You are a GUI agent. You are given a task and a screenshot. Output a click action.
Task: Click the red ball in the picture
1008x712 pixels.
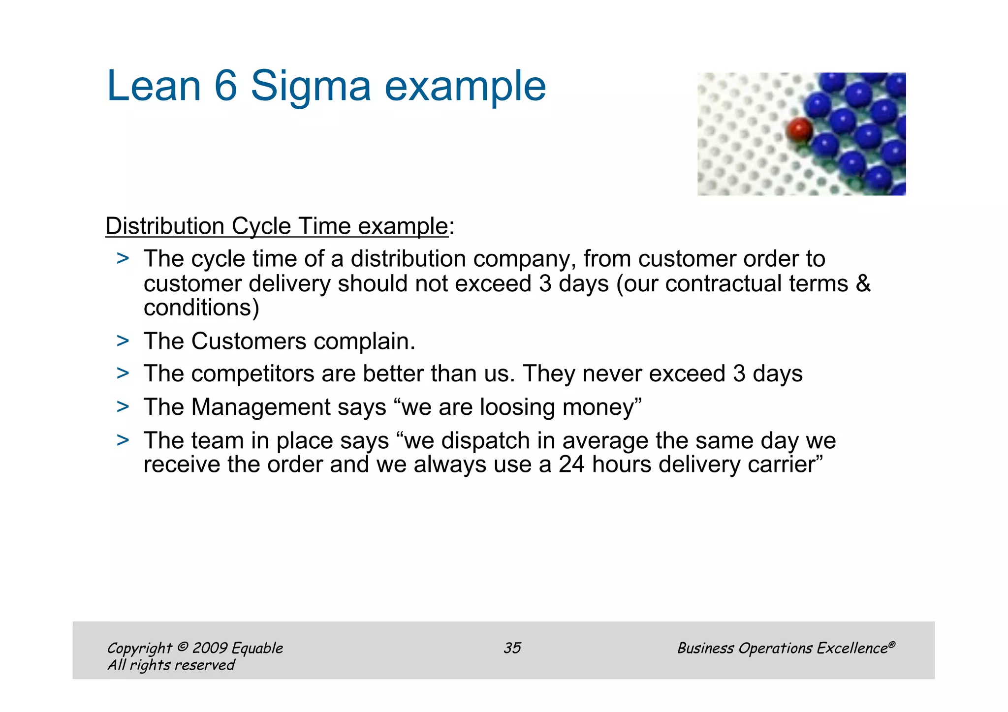(x=798, y=130)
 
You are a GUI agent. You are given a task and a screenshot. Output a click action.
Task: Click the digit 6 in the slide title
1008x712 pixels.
(x=226, y=86)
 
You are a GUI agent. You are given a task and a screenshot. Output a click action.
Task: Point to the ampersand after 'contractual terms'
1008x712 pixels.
(x=863, y=284)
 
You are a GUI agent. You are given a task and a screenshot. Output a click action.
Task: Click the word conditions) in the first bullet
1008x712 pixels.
(x=201, y=308)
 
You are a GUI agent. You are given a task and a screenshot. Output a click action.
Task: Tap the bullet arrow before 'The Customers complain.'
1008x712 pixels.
(x=123, y=341)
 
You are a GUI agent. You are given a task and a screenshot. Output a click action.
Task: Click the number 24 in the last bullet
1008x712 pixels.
(x=571, y=464)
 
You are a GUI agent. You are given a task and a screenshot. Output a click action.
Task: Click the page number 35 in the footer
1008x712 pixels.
(x=512, y=648)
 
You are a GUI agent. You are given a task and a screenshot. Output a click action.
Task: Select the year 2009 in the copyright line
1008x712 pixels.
(x=210, y=648)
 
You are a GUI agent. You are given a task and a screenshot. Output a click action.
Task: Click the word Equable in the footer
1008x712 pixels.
(x=257, y=648)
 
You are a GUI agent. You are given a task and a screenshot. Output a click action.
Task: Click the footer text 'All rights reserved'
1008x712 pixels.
(x=171, y=665)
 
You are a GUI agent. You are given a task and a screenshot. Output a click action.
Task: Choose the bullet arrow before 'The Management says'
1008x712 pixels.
(x=123, y=406)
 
